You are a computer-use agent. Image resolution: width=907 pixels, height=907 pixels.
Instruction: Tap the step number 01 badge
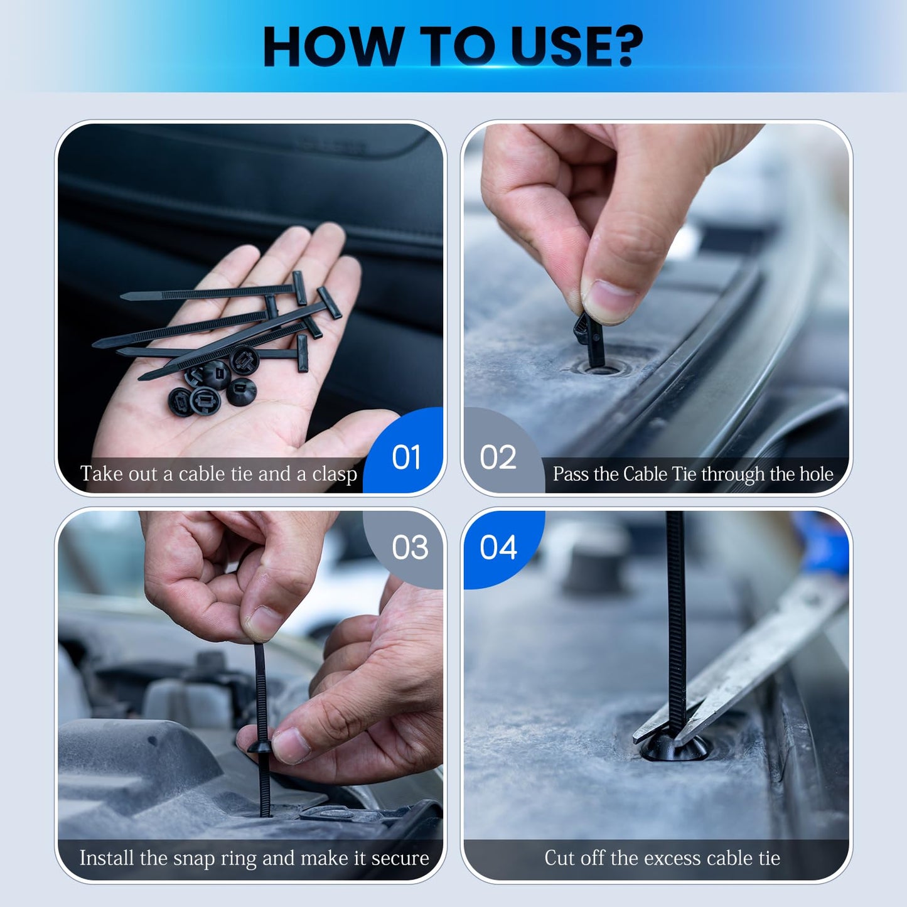406,457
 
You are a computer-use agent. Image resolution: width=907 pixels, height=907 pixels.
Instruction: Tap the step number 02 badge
498,457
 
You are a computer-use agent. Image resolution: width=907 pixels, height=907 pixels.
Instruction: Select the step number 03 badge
410,547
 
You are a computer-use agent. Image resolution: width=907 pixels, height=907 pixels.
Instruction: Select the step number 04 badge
498,547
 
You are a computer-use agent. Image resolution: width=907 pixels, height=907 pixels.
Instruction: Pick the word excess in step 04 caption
663,858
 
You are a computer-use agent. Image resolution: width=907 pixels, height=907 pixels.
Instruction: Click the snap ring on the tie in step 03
260,746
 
